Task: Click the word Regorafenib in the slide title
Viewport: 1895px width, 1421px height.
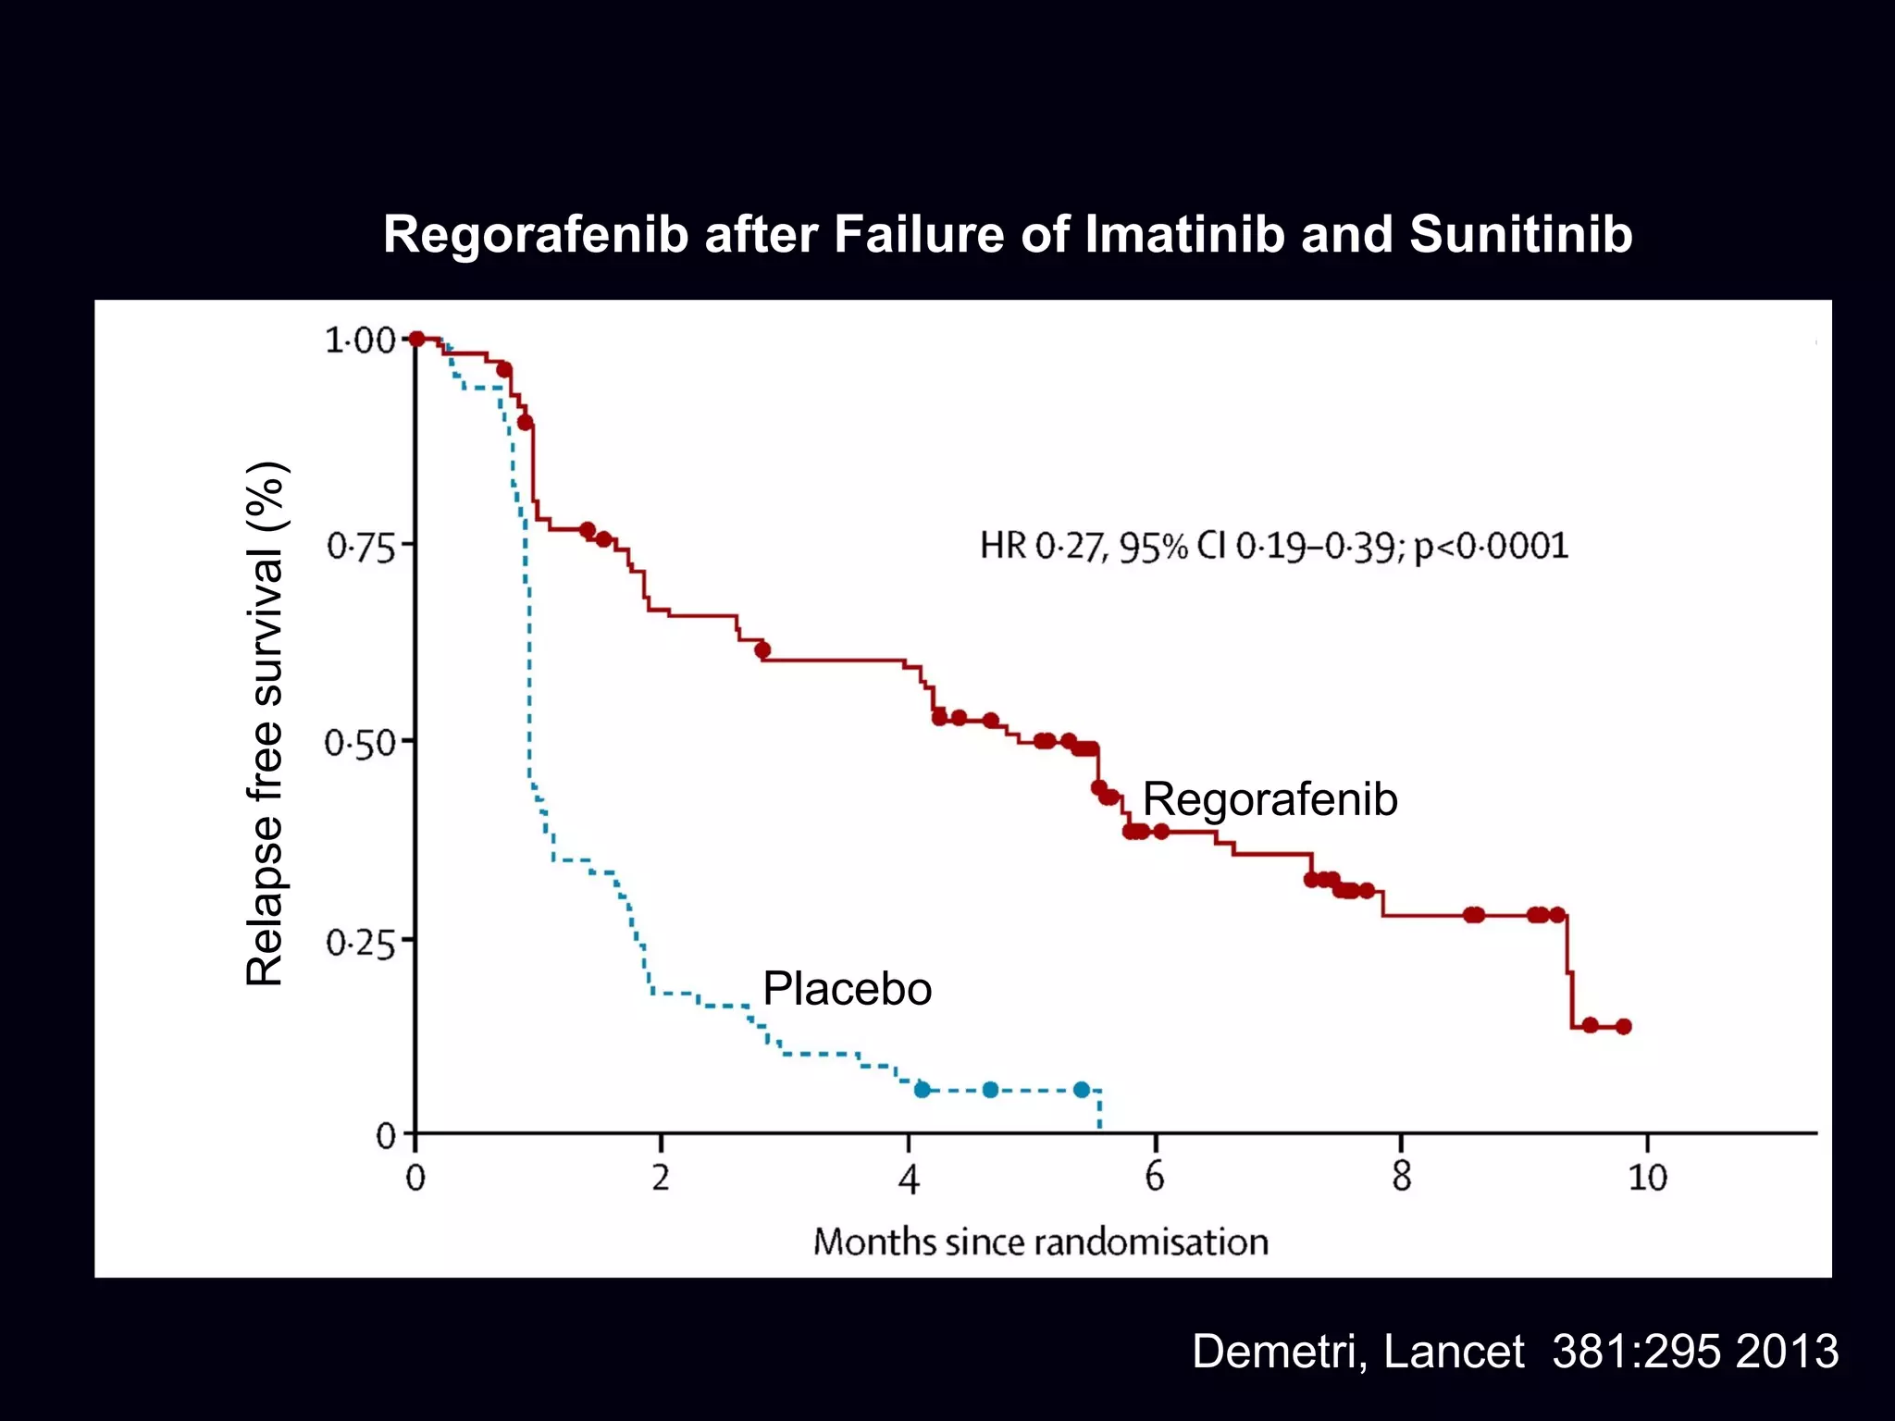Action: point(536,235)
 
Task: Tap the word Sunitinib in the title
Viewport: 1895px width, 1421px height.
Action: point(1520,235)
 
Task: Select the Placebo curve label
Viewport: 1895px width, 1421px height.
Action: point(847,989)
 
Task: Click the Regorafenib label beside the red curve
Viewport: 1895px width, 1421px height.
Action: point(1270,799)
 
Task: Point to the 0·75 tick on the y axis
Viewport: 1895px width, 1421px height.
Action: point(361,547)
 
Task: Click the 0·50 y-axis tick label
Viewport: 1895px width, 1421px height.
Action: point(360,743)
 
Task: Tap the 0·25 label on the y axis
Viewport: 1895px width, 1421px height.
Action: point(361,943)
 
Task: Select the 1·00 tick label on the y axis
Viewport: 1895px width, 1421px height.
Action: point(360,340)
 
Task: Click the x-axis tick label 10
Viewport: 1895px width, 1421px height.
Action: point(1647,1178)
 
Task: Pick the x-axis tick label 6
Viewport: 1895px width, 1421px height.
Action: point(1155,1178)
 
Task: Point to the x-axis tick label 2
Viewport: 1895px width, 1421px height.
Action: point(661,1178)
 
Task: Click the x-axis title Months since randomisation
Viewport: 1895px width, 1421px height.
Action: point(1040,1242)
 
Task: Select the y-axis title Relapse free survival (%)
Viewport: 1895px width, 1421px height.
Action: point(266,723)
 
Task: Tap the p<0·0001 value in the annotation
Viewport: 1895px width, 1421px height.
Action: point(1492,546)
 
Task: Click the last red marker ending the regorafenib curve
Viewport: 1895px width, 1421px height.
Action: point(1623,1026)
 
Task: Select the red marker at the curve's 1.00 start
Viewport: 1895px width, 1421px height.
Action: point(416,339)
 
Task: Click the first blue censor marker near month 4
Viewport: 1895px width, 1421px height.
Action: point(922,1090)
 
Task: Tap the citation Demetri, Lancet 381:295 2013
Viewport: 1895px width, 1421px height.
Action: point(1515,1352)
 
